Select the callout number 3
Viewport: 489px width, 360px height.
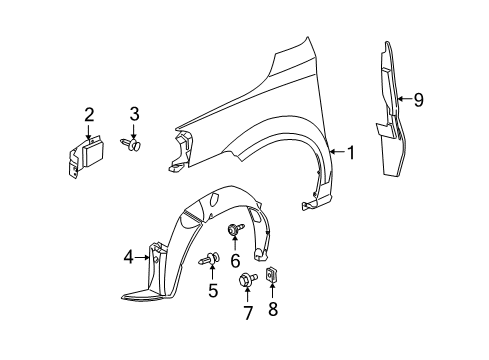tap(133, 114)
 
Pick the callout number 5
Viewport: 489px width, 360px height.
tap(212, 292)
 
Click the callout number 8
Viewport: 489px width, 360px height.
tap(272, 311)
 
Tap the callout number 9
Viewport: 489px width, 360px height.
tap(419, 98)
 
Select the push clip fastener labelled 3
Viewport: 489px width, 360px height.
tap(133, 145)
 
